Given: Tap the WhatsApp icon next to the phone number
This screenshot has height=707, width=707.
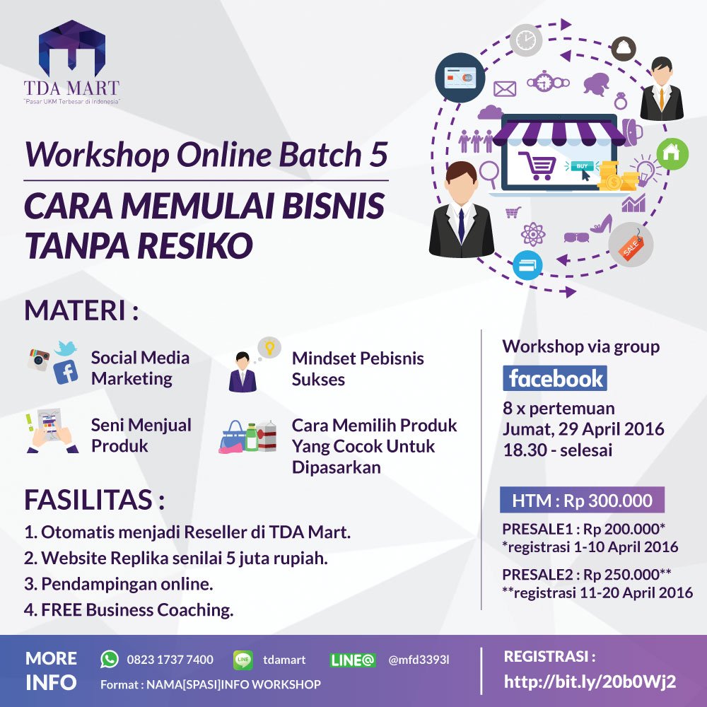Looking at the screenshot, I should [x=110, y=659].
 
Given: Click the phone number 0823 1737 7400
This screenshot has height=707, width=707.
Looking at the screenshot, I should [x=170, y=660].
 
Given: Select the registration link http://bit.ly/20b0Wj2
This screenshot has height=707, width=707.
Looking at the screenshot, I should [x=590, y=682].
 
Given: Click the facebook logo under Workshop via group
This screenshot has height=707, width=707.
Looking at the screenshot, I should [x=556, y=378].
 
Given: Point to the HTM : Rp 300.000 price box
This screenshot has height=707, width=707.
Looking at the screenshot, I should [x=582, y=501].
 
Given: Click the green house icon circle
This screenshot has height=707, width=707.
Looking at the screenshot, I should [x=672, y=152].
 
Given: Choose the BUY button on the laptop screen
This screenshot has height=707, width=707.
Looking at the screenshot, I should [x=581, y=166].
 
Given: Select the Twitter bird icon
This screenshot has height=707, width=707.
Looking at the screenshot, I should [x=64, y=347].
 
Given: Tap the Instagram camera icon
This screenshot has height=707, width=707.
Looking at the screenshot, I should [x=39, y=359].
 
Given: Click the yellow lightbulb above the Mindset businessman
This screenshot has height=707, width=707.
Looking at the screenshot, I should [x=267, y=347].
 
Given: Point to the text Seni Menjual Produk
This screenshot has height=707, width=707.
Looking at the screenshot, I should [x=141, y=436].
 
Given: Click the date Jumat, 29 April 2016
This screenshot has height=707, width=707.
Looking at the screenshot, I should [x=583, y=428].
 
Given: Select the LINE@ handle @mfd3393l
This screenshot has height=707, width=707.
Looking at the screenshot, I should [x=419, y=660].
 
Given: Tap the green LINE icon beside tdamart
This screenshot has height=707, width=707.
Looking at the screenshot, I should [x=243, y=660].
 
